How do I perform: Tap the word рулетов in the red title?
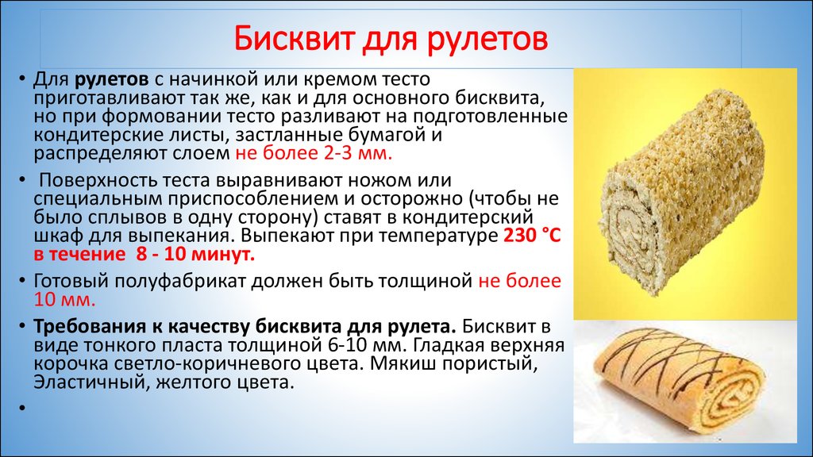487,40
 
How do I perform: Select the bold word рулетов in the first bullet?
112,80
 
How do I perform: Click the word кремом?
340,80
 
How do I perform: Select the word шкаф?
58,236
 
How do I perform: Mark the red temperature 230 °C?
532,236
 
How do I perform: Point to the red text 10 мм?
65,300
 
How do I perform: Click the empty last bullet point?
22,408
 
